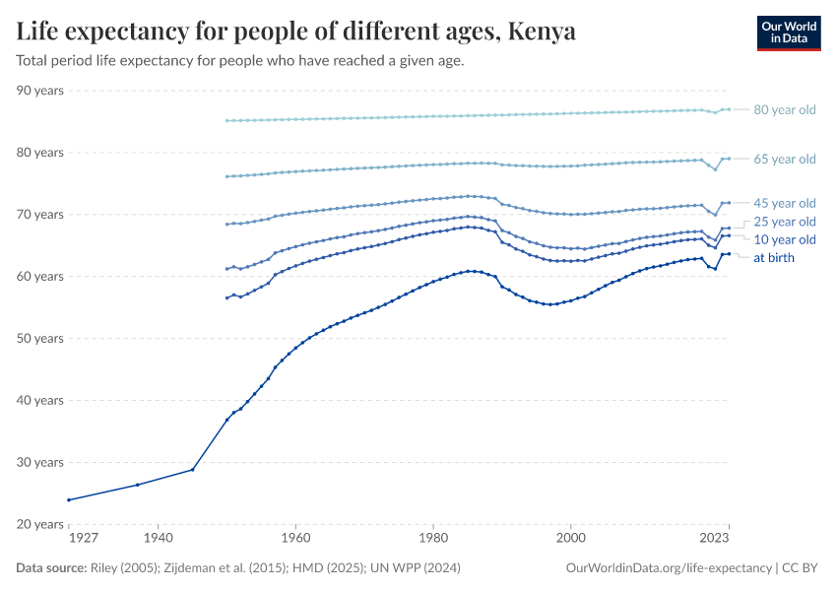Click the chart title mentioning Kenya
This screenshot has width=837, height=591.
tap(295, 32)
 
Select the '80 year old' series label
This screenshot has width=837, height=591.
tap(784, 109)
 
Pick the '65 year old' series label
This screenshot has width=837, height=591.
tap(784, 159)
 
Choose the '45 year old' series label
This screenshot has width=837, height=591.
tap(784, 203)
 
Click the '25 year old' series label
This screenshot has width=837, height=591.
tap(784, 222)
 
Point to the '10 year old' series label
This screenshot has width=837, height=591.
tap(784, 239)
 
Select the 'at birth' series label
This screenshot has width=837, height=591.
tap(773, 258)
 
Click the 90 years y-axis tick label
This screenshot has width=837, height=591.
tap(40, 91)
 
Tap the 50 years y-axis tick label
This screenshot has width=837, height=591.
tap(40, 338)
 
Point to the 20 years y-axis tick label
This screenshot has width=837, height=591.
tap(40, 524)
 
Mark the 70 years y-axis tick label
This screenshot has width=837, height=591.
tap(40, 215)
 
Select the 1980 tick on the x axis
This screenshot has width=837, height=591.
tap(432, 539)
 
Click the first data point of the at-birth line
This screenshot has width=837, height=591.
tap(68, 499)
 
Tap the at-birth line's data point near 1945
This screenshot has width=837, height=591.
tap(192, 469)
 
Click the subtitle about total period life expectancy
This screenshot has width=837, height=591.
tap(239, 61)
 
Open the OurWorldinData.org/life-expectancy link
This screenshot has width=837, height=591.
tap(670, 568)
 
